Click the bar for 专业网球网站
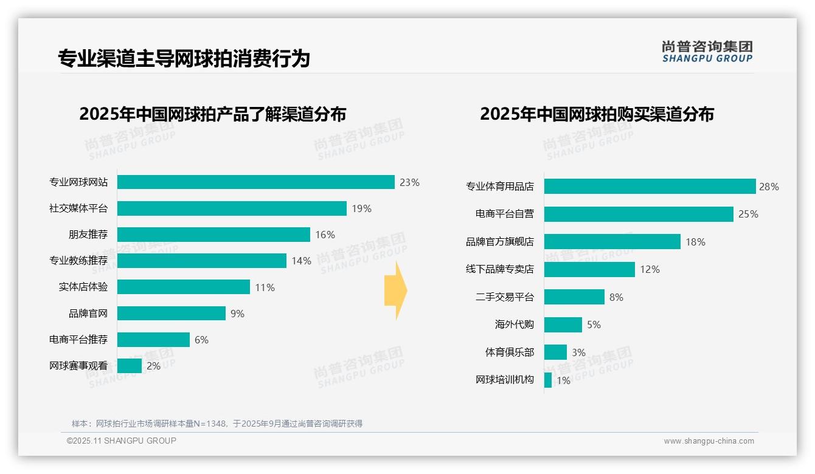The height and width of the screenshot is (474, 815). pyautogui.click(x=256, y=182)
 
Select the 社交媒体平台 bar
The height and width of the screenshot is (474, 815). pyautogui.click(x=232, y=208)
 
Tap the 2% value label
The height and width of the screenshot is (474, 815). pyautogui.click(x=153, y=366)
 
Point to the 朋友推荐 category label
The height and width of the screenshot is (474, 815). pyautogui.click(x=88, y=235)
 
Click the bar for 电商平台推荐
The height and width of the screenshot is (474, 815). pyautogui.click(x=153, y=340)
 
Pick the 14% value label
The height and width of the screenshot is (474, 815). pyautogui.click(x=301, y=261)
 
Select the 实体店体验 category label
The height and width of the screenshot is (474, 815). pyautogui.click(x=83, y=287)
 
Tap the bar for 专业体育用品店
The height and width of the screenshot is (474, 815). pyautogui.click(x=650, y=187)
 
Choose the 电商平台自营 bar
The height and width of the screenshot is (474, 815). pyautogui.click(x=639, y=214)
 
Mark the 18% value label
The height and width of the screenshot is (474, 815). pyautogui.click(x=695, y=242)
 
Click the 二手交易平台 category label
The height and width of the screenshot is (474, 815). pyautogui.click(x=504, y=297)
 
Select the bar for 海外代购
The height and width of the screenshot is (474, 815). pyautogui.click(x=563, y=325)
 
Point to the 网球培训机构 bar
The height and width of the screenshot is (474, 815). pyautogui.click(x=548, y=380)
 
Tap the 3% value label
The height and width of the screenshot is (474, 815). pyautogui.click(x=578, y=352)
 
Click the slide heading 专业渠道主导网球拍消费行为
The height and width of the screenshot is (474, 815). pyautogui.click(x=184, y=58)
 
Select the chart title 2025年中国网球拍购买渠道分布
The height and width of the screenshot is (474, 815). pyautogui.click(x=597, y=114)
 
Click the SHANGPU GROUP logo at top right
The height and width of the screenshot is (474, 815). pyautogui.click(x=707, y=52)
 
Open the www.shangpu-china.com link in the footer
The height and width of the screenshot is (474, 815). pyautogui.click(x=709, y=441)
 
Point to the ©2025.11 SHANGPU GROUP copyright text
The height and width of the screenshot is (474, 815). pyautogui.click(x=122, y=441)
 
